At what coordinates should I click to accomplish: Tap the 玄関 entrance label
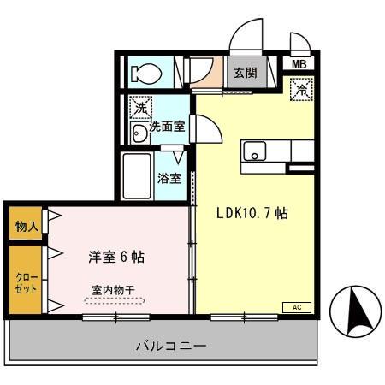[245, 74]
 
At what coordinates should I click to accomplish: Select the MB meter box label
[300, 63]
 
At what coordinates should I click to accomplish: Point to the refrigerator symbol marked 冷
[302, 87]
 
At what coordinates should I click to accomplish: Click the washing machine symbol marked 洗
[139, 109]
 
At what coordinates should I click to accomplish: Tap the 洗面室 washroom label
[168, 127]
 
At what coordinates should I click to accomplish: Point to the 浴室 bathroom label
[169, 179]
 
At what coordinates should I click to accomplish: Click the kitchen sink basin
[254, 152]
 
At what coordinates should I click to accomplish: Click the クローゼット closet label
[26, 283]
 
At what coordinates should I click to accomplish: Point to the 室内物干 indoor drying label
[114, 289]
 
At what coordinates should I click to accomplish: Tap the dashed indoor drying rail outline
[114, 300]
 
